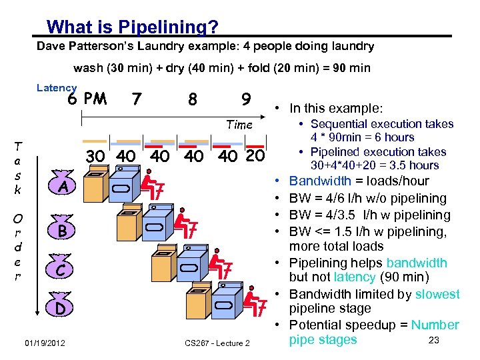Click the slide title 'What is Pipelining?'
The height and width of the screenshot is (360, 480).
pos(133,27)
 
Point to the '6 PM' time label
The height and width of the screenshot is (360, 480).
pos(87,99)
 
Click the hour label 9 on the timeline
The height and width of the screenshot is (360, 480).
pos(246,99)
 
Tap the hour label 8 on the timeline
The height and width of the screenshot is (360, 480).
pos(192,99)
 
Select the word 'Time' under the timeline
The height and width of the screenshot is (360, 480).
pos(239,125)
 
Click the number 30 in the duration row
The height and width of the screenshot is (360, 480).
pos(96,157)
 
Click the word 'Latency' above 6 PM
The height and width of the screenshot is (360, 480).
pos(57,87)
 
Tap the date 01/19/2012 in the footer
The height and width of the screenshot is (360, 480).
pos(44,343)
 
